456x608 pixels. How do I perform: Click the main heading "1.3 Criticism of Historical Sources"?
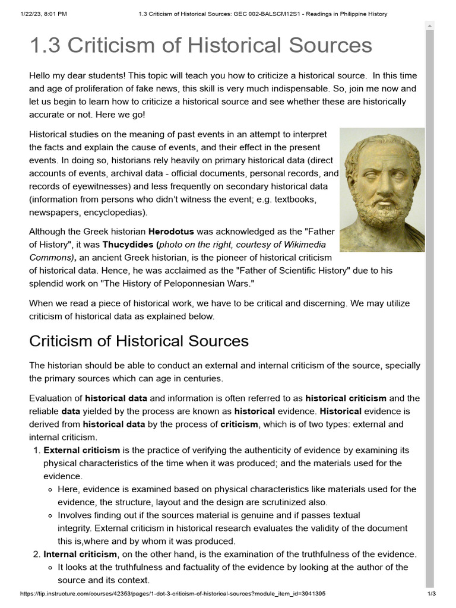pyautogui.click(x=201, y=45)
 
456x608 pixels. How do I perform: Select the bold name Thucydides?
pyautogui.click(x=128, y=244)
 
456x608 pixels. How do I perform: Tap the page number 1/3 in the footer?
pyautogui.click(x=432, y=594)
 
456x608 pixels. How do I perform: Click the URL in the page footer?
pyautogui.click(x=172, y=594)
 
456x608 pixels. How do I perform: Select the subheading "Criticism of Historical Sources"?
pyautogui.click(x=139, y=341)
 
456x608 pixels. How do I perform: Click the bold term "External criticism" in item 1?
pyautogui.click(x=82, y=450)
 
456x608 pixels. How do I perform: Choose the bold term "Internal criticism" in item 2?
pyautogui.click(x=80, y=554)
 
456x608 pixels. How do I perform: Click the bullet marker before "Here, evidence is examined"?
pyautogui.click(x=49, y=489)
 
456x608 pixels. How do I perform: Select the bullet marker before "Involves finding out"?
pyautogui.click(x=49, y=515)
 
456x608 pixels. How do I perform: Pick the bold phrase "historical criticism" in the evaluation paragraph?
pyautogui.click(x=346, y=398)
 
